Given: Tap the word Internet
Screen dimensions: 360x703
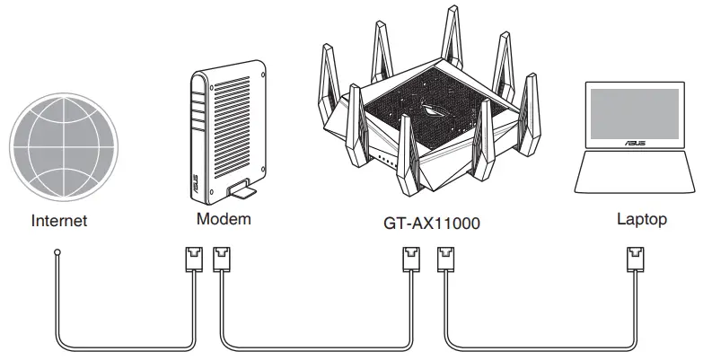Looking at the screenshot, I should coord(59,220).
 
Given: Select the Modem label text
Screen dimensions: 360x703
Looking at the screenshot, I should coord(223,219).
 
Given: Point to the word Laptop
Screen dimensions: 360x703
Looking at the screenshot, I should coord(642,219).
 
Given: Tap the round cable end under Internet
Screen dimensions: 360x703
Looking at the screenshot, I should coord(57,255).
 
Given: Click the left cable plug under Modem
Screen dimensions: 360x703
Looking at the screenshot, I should coord(193,260).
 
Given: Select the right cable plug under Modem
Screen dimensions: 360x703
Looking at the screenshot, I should coord(222,260).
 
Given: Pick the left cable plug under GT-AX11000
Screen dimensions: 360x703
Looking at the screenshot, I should coord(409,260).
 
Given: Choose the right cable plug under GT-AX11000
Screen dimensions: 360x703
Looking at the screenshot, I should coord(445,260).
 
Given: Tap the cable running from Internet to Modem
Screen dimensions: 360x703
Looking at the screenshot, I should coord(126,347).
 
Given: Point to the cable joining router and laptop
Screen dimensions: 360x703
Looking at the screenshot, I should coord(539,347).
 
